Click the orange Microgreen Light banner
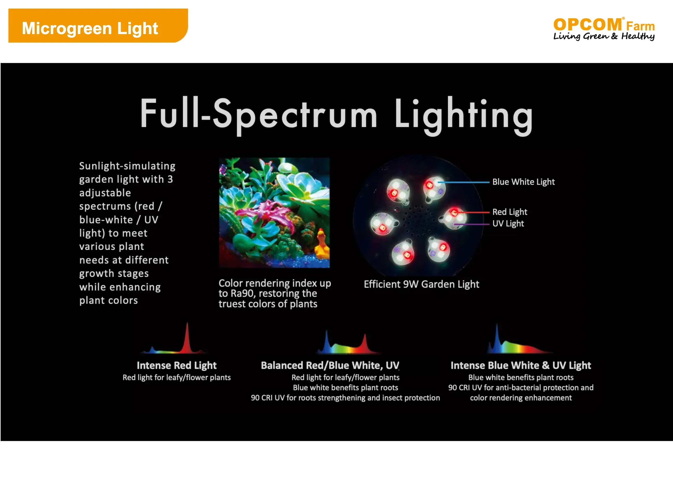point(98,26)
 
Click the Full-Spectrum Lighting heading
point(336,116)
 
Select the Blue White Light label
point(523,182)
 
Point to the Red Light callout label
point(510,212)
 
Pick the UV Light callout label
point(508,224)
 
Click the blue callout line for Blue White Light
point(463,182)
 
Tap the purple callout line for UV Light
point(472,224)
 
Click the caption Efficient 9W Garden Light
point(421,284)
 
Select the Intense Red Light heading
point(177,365)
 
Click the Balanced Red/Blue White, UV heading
point(330,365)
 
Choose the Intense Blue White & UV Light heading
point(521,365)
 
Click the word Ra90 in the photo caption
point(243,293)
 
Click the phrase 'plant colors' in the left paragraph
point(109,300)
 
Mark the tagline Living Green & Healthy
point(604,36)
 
